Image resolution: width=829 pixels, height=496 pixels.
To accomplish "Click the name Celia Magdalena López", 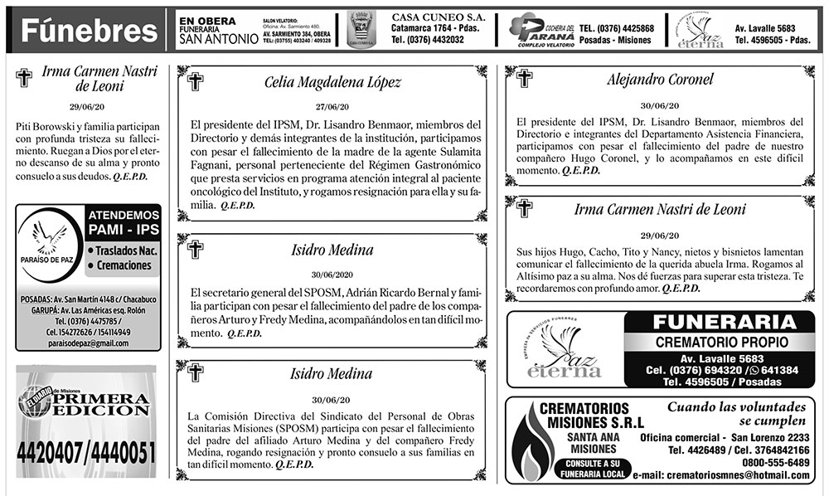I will click(332, 83).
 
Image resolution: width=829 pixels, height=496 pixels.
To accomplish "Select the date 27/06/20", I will click(332, 107).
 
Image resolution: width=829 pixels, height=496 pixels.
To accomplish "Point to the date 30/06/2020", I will click(332, 275).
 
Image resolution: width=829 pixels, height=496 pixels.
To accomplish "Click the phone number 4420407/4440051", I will click(86, 453).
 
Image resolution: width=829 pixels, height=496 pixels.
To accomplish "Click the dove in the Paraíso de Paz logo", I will click(49, 236).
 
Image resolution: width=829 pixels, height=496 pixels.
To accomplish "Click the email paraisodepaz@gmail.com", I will click(87, 343).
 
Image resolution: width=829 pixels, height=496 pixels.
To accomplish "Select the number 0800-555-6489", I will click(773, 462).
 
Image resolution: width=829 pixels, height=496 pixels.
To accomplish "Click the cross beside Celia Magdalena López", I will click(196, 81).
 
